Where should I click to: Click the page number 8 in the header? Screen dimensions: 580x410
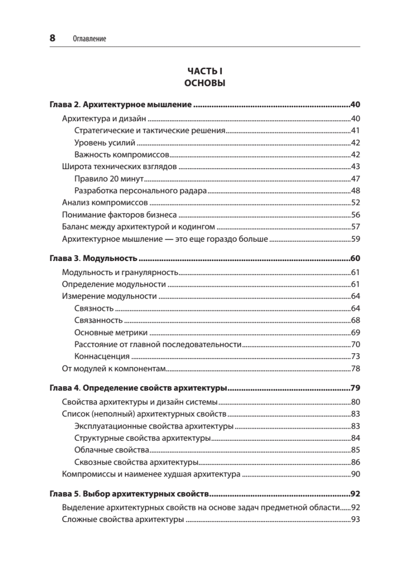tap(53, 38)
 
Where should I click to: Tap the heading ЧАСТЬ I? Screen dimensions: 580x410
tap(205, 71)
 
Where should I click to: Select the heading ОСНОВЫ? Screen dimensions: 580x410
tap(205, 83)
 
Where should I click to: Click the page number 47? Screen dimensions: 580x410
tap(355, 179)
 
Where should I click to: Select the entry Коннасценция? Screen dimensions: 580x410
tap(102, 357)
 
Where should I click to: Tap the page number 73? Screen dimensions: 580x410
tap(355, 357)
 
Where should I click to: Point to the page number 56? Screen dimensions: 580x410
tap(355, 215)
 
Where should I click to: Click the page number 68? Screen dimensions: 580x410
tap(355, 320)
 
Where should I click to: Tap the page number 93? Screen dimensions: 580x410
tap(355, 520)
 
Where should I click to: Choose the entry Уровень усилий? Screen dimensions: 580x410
tap(105, 143)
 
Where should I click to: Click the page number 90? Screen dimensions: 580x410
tap(355, 474)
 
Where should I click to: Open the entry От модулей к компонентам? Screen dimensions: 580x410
tap(114, 369)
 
